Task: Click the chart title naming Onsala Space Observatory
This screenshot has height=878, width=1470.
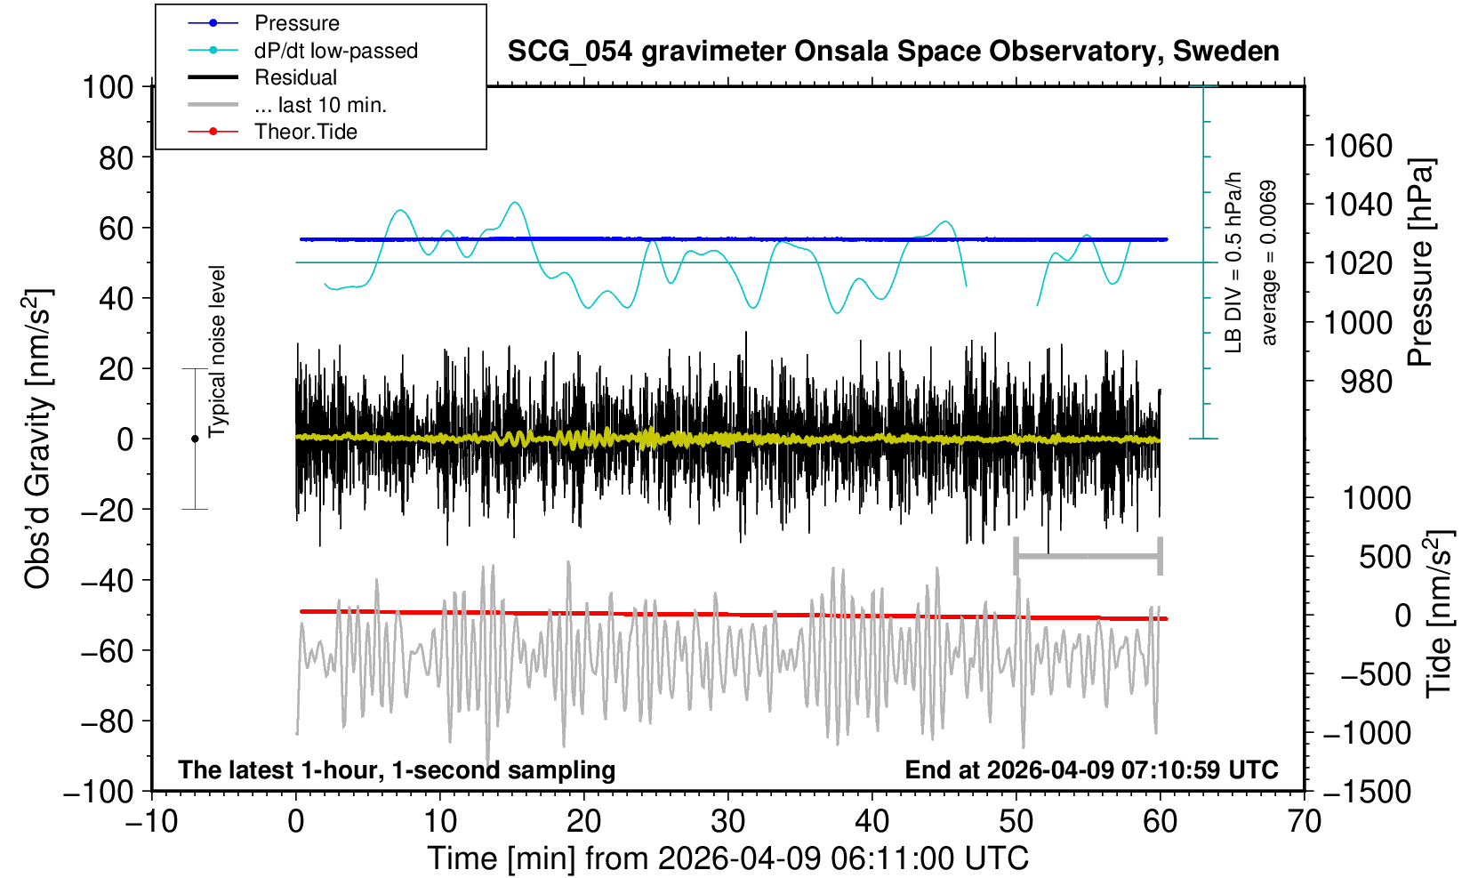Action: (893, 52)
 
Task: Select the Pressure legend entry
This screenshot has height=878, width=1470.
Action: (296, 23)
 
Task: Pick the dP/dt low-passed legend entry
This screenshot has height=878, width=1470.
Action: (335, 51)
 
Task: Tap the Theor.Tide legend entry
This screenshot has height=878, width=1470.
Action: (305, 132)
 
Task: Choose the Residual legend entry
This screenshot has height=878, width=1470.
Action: (295, 77)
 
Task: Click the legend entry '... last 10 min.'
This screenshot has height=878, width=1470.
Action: (320, 105)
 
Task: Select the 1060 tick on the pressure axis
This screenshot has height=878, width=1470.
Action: (1357, 145)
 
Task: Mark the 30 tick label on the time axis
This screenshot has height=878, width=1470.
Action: (728, 821)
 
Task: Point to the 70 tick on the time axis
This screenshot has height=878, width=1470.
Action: (1304, 821)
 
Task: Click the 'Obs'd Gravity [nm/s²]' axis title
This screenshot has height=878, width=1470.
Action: (38, 439)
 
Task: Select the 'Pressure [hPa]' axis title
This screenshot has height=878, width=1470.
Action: (1420, 262)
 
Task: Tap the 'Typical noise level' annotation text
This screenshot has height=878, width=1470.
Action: (217, 351)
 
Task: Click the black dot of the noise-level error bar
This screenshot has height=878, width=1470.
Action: (195, 439)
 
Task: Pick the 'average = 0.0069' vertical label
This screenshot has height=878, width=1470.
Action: (1269, 262)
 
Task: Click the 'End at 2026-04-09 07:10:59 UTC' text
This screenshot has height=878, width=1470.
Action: (1091, 769)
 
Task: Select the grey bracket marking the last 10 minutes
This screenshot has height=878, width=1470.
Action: (1088, 557)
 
